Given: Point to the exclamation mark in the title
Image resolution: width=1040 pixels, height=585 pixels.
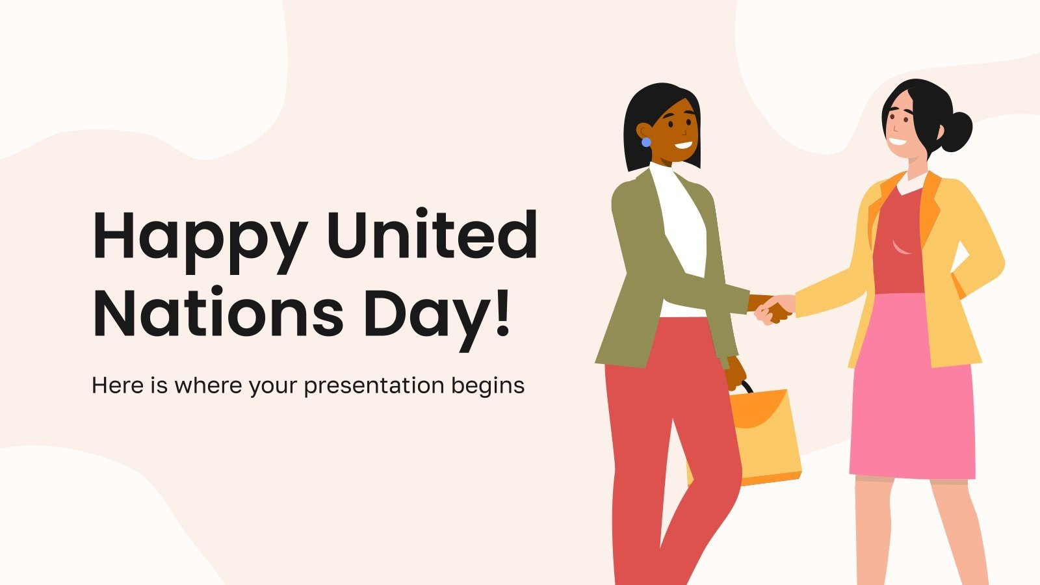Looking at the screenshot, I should tap(502, 312).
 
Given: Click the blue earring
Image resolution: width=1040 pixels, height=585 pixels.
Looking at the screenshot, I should tap(646, 142).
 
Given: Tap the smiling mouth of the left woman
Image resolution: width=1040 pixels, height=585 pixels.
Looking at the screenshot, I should tap(682, 144).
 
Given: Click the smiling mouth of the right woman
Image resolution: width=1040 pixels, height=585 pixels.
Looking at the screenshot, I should tap(898, 142).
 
